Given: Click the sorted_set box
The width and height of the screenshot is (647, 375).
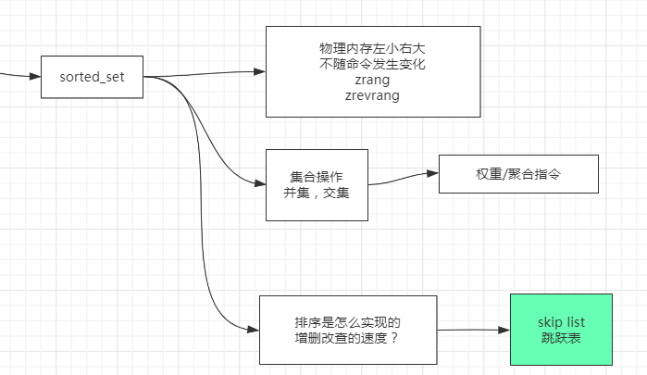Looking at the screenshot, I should tap(91, 76).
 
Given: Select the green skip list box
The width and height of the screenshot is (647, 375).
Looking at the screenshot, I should tap(561, 329).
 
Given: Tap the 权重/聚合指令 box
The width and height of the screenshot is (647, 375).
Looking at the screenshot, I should tap(518, 173).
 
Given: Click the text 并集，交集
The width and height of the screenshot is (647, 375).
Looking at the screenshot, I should tap(316, 193).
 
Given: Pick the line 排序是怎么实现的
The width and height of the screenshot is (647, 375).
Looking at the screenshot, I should tap(346, 322).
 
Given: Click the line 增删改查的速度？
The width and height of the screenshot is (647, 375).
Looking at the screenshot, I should tap(346, 337).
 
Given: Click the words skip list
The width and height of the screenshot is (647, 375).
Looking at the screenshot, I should tap(561, 321).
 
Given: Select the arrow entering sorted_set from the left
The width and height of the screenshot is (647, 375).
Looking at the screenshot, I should tap(23, 75).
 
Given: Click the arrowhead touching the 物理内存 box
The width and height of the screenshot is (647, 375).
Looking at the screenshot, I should tap(259, 72).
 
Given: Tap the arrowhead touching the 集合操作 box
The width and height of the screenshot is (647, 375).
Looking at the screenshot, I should tap(259, 182).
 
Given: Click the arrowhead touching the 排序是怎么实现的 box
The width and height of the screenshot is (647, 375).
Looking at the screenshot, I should tap(253, 330).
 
